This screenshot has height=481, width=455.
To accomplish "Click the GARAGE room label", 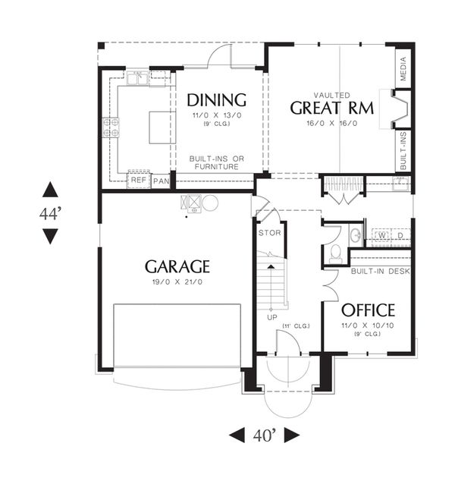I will tap(177, 266).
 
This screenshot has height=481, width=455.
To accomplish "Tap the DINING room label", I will tap(217, 99).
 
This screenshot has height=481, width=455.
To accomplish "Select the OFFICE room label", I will tap(368, 310).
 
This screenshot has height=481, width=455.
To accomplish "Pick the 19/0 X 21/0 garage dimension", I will tap(177, 282).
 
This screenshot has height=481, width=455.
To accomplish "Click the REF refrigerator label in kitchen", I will tap(138, 181).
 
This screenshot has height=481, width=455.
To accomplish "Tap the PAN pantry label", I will tap(161, 181).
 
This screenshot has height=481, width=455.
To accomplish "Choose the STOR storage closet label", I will tap(270, 233).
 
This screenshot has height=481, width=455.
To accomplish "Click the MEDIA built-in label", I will tap(403, 70).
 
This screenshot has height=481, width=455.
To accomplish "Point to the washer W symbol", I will tap(384, 237).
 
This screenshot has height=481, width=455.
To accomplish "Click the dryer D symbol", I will tap(400, 237).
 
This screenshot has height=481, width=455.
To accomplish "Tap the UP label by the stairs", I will tap(271, 316).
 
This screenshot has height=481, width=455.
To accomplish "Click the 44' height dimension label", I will tap(50, 214).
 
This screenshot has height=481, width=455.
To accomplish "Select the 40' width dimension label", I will tap(265, 435).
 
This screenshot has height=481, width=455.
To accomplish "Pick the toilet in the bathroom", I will tap(334, 251).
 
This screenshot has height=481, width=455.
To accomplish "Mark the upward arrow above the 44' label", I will tap(50, 190).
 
